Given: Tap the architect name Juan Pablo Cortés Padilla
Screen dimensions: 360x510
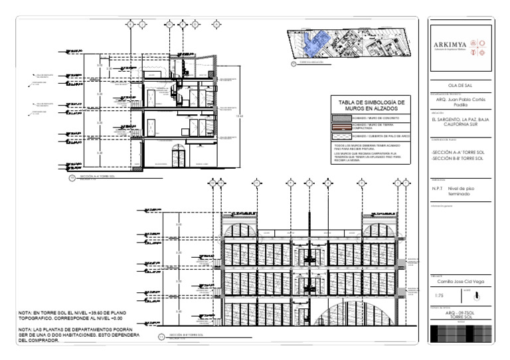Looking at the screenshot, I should coord(460,103).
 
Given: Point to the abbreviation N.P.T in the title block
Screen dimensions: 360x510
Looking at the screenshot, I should coord(437,189).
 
